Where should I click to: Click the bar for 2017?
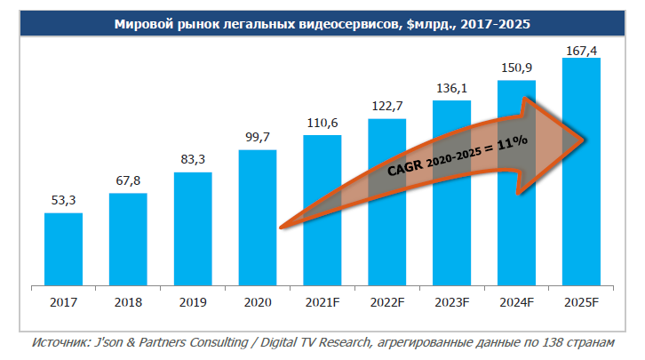[63, 250]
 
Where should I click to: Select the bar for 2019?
[193, 229]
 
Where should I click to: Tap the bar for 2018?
[128, 240]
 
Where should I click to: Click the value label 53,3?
[63, 202]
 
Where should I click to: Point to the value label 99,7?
[258, 138]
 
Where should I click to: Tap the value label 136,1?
[451, 89]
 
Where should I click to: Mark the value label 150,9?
[516, 68]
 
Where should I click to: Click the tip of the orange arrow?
[584, 139]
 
